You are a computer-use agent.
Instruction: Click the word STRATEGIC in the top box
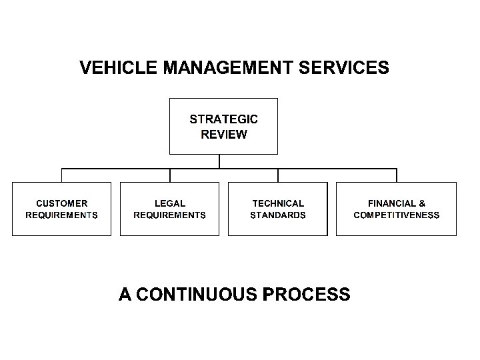tap(223, 120)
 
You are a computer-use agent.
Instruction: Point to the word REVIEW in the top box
tap(223, 135)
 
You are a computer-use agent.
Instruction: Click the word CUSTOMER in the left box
tap(61, 203)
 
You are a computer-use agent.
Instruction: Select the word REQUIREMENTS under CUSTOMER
tap(61, 215)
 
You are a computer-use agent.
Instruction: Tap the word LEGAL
tap(169, 203)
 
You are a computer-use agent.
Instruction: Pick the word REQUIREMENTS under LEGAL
tap(169, 215)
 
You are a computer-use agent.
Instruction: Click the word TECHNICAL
tap(277, 203)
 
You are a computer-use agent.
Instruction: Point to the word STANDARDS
tap(277, 215)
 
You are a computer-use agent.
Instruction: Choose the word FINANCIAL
tap(391, 203)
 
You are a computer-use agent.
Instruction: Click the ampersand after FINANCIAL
tap(422, 203)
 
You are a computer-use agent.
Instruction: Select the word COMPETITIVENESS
tap(396, 215)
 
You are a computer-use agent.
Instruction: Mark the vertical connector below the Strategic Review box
tap(219, 161)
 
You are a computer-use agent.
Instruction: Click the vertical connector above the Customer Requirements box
tap(62, 175)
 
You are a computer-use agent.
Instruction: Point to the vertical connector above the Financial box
tap(396, 175)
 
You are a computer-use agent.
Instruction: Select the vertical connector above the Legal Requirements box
tap(170, 175)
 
